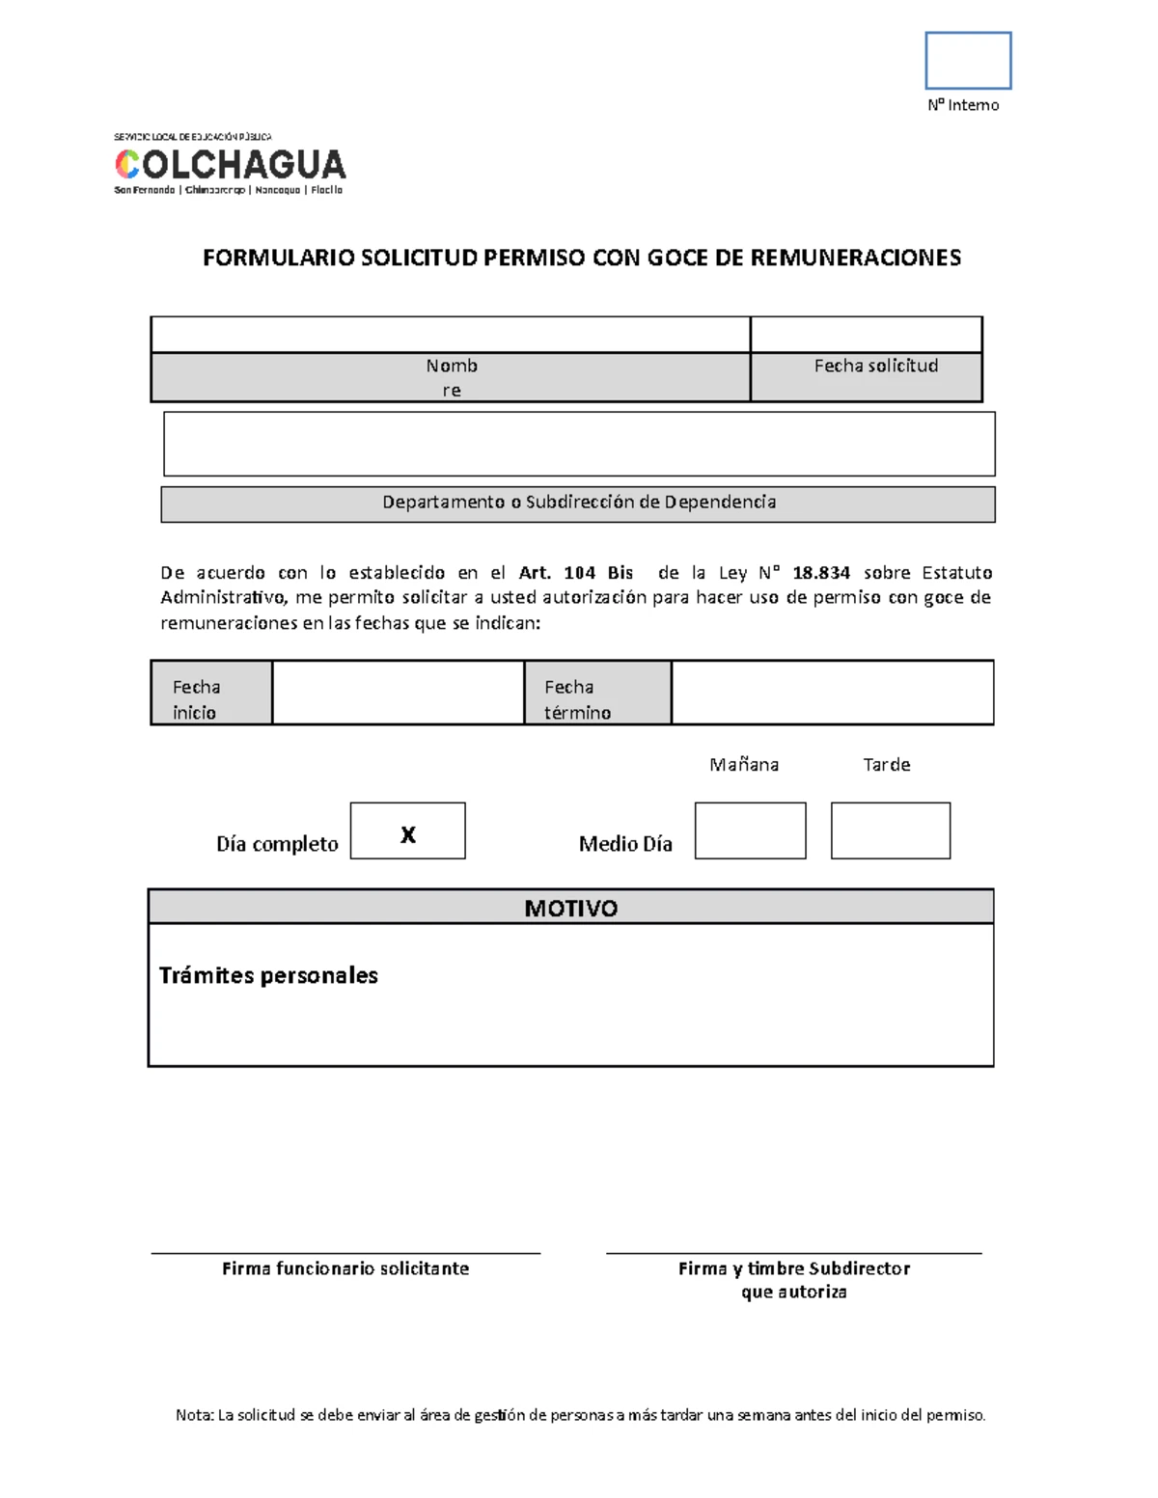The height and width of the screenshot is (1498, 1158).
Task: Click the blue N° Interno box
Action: point(968,60)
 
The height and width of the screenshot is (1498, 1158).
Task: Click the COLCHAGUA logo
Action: point(230,165)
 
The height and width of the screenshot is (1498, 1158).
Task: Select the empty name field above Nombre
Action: point(450,334)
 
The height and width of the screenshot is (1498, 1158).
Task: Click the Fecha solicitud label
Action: point(875,366)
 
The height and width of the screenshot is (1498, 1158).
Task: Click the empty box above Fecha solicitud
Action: point(866,334)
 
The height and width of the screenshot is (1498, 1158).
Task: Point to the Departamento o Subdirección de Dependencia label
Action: point(578,503)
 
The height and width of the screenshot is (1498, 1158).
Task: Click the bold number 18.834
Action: point(821,573)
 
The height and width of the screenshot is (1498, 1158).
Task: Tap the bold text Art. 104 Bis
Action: point(576,573)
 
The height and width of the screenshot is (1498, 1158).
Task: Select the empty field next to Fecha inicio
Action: point(398,693)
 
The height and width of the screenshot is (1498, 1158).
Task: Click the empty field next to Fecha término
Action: point(832,693)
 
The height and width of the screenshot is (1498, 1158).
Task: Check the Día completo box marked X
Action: point(407,831)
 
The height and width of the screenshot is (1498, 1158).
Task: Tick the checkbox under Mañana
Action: point(750,831)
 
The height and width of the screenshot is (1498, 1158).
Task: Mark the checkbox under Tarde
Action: point(890,831)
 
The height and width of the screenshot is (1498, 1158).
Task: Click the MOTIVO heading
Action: point(570,908)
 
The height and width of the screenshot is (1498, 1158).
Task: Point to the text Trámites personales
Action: point(268,975)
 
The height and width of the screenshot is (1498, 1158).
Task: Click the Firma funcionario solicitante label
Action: point(345,1268)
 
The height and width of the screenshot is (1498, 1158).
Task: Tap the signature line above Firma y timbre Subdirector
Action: point(793,1253)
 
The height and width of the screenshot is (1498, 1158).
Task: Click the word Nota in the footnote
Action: point(193,1415)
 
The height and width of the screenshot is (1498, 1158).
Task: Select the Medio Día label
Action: point(625,844)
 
